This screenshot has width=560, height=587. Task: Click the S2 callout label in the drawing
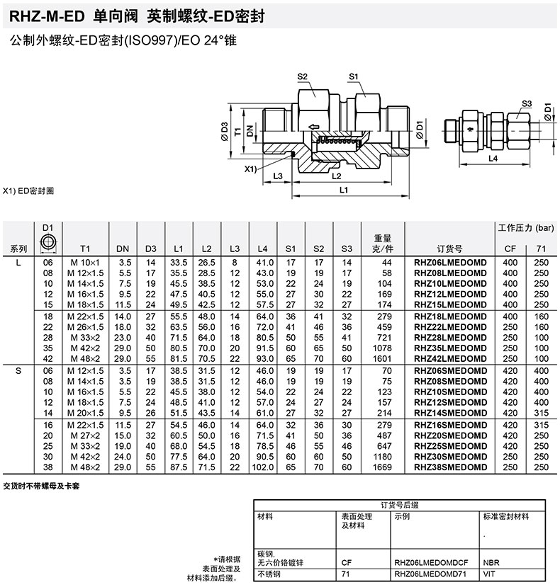[302, 76]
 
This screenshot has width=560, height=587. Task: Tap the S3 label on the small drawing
[526, 103]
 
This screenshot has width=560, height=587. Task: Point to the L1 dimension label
[344, 190]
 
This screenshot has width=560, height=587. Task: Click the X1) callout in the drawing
[250, 170]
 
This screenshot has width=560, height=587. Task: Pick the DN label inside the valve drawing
[249, 131]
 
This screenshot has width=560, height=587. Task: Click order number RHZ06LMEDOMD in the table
[450, 262]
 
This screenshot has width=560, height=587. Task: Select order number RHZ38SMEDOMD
[450, 467]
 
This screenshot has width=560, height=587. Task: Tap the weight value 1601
[383, 358]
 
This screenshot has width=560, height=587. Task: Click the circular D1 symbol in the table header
[48, 241]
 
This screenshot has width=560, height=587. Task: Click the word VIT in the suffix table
[488, 575]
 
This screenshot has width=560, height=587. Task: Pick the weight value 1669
[383, 467]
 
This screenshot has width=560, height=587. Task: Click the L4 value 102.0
[263, 467]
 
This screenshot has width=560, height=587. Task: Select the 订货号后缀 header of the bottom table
[400, 505]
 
